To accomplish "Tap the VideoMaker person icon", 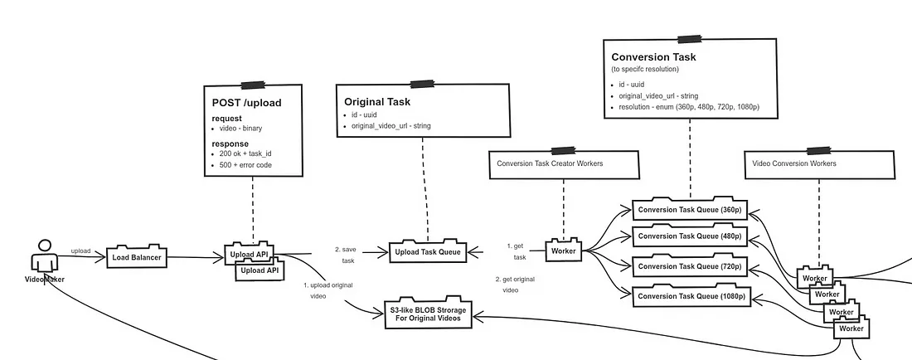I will [x=44, y=255].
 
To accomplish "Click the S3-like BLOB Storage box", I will [x=428, y=316].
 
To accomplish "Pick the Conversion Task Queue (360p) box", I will [x=689, y=210].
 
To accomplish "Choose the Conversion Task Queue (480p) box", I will [x=689, y=237].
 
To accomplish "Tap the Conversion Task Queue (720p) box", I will [x=689, y=266].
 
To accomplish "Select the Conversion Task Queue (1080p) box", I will [x=689, y=296].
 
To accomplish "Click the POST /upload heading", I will [x=247, y=103].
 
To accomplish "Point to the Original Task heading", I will [x=377, y=102].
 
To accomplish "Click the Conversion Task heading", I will [x=653, y=57].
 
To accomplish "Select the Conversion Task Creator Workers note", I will [x=550, y=163].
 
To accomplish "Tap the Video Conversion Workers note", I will [x=794, y=163].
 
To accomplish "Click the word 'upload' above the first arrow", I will [x=80, y=250].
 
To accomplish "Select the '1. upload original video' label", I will [x=329, y=290].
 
